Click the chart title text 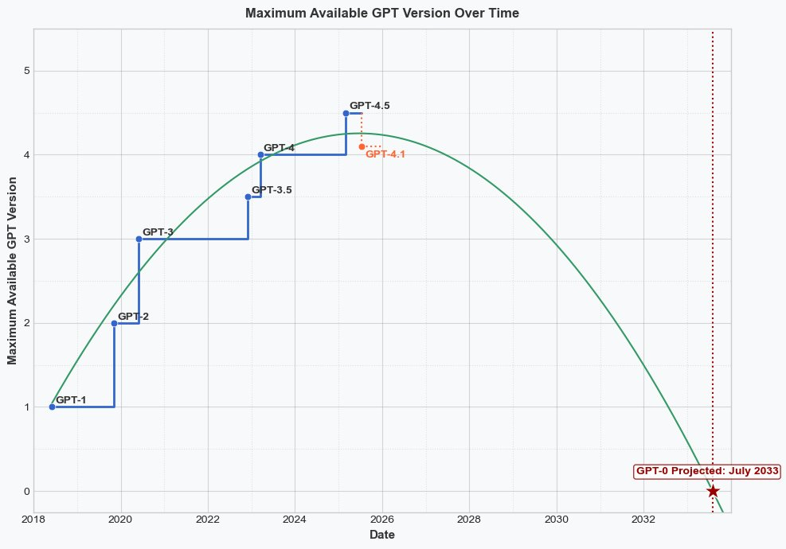coord(382,14)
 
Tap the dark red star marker coord(713,491)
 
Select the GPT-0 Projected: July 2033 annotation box coord(707,471)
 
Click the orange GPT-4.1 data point coord(362,146)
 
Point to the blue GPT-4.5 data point coord(346,113)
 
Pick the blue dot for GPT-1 coord(52,407)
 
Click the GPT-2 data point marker coord(114,323)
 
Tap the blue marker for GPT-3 coord(139,239)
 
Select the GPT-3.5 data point coord(248,197)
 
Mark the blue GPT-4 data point coord(260,154)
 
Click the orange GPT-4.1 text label coord(385,154)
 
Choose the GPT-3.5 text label coord(272,190)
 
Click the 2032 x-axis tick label coord(643,520)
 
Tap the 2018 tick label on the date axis coord(33,520)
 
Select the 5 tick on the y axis coord(25,71)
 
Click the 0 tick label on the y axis coord(25,491)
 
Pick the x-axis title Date coord(382,535)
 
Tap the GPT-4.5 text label coord(370,105)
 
